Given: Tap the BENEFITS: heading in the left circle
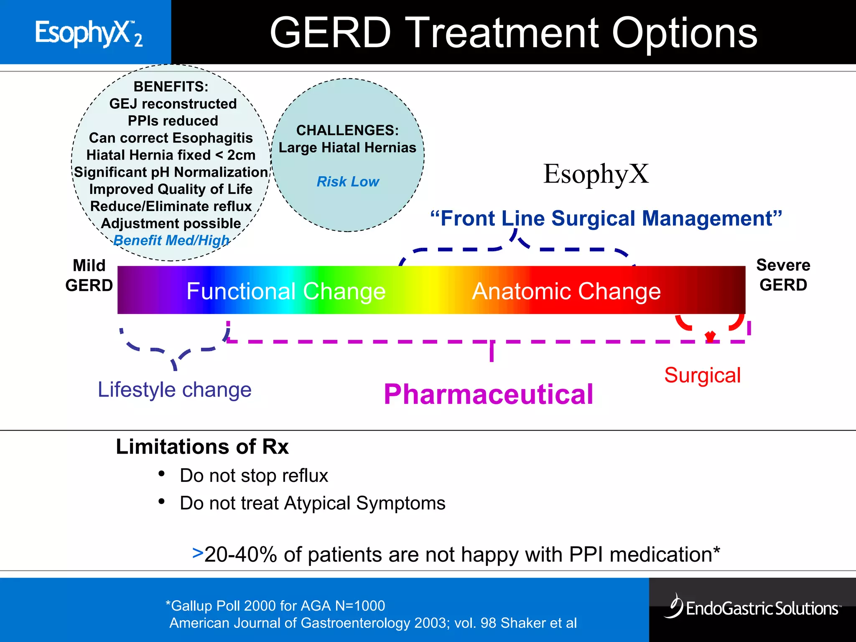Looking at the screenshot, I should pos(171,87).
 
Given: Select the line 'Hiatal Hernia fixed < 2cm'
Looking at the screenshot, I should pos(171,155).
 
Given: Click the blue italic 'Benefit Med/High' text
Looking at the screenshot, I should pos(171,240).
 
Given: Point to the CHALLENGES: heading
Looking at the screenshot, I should pos(347,130).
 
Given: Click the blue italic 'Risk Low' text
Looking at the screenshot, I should pos(347,181).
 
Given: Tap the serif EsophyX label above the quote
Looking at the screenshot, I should pos(596,174).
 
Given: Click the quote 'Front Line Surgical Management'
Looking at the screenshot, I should pos(606,219).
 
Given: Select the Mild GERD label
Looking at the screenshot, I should pos(89,275).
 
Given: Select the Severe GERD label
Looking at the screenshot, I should pos(783,275).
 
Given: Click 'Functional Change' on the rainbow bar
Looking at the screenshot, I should pos(286,291).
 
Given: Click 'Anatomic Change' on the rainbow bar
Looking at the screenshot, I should pos(566,291).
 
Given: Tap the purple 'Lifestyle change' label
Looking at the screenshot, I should pos(174,390).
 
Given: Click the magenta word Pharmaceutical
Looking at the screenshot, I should pos(488,394).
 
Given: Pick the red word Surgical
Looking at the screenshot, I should pos(702,375).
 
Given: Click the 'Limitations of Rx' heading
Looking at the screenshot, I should pos(202,446).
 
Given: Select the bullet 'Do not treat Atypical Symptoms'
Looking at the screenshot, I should pos(312,503).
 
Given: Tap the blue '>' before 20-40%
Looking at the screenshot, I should pos(197,553).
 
